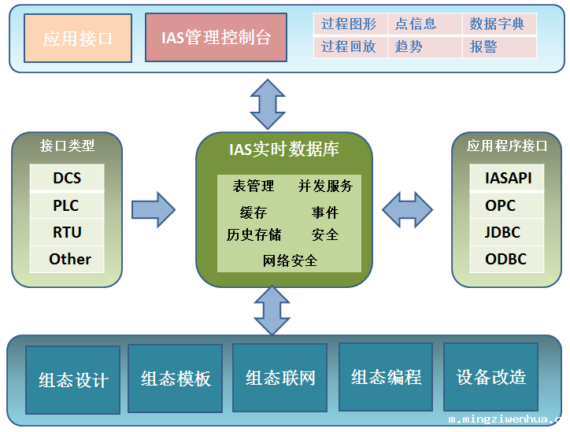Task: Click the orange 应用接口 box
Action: tap(78, 38)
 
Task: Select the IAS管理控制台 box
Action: tap(216, 38)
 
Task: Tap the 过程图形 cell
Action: tap(349, 24)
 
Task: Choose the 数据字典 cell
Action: tap(498, 24)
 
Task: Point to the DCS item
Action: tap(67, 178)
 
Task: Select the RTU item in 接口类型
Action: tap(67, 232)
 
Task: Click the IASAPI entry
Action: tap(508, 178)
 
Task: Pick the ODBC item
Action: tap(505, 259)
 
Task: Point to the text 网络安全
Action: tap(290, 260)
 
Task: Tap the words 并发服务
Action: tap(325, 186)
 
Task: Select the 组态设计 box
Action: tap(73, 379)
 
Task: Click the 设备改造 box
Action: tap(490, 377)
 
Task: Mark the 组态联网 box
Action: tap(280, 377)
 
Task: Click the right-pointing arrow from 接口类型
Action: tap(153, 209)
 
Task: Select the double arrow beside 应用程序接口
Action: tap(407, 209)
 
